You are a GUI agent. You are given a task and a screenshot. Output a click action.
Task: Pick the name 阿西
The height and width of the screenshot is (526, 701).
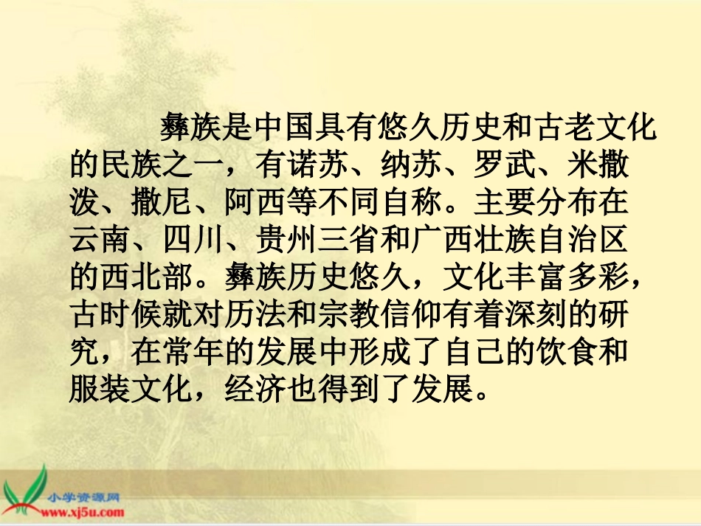pyautogui.click(x=253, y=203)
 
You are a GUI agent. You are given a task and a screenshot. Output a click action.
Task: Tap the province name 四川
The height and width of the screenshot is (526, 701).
pyautogui.click(x=190, y=239)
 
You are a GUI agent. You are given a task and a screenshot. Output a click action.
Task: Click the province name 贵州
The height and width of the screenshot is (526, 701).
pyautogui.click(x=286, y=239)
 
